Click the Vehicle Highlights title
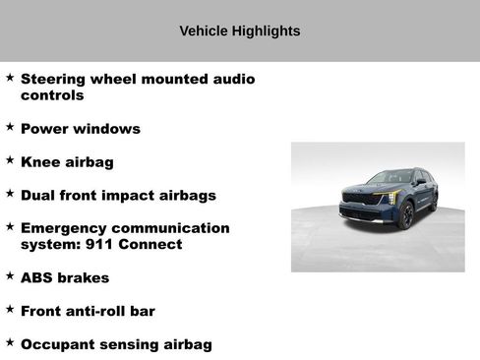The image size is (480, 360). tap(239, 31)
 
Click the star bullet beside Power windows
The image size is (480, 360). tap(10, 127)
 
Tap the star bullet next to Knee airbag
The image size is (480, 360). tap(10, 160)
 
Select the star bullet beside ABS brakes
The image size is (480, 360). tap(10, 276)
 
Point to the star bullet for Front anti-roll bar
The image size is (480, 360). tap(10, 309)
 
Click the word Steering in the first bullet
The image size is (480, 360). tap(55, 79)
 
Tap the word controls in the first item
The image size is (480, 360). tap(52, 95)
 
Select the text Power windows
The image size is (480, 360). tap(80, 129)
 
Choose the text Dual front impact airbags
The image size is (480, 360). tap(117, 196)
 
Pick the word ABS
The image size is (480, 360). tap(37, 278)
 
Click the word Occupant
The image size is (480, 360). tap(58, 344)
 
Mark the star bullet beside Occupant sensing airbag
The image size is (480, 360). tap(10, 342)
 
